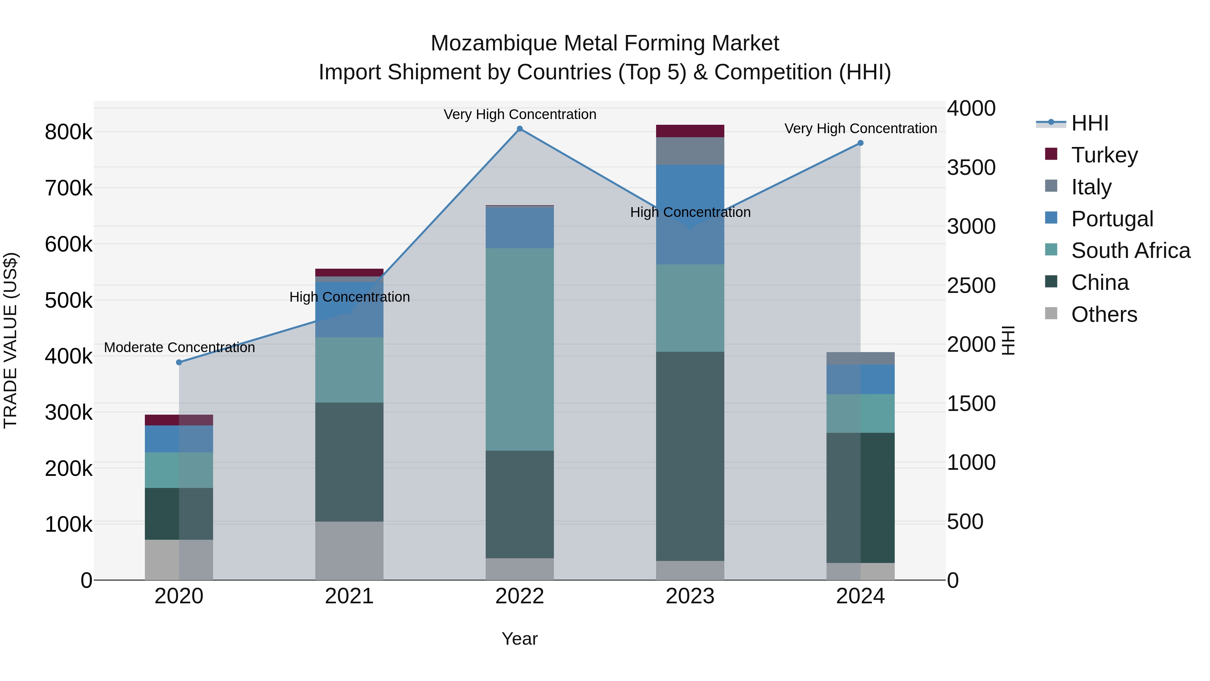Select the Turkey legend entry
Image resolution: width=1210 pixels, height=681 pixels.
(1104, 155)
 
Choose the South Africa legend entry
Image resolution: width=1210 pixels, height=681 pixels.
(1130, 251)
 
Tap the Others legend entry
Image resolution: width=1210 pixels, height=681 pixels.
(1104, 314)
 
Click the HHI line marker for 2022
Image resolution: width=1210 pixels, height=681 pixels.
(520, 129)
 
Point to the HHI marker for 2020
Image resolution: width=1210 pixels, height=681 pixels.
(179, 362)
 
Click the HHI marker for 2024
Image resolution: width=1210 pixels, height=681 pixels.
(860, 143)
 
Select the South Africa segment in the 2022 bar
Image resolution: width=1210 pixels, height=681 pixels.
(520, 349)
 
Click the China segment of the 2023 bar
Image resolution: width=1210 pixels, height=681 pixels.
(690, 456)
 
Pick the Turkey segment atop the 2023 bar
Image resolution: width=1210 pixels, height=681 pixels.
(690, 131)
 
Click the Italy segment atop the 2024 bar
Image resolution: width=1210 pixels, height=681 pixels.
(860, 358)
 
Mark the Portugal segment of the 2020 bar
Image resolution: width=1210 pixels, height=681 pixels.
(179, 439)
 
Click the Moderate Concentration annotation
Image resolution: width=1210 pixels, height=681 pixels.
(179, 347)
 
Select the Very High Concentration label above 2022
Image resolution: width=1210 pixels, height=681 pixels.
(520, 114)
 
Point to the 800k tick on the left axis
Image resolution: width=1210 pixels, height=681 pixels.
(69, 132)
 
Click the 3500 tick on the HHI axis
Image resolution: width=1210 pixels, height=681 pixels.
(970, 168)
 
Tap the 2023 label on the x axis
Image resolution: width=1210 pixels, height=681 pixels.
(690, 596)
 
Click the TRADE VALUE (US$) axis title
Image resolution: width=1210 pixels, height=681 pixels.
(10, 340)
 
